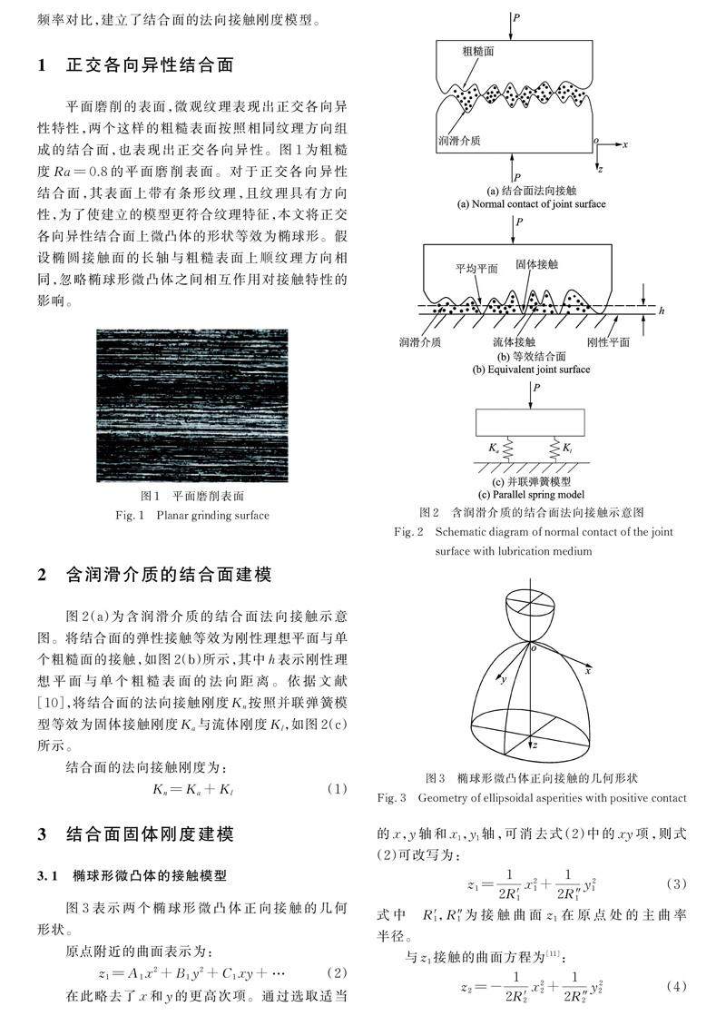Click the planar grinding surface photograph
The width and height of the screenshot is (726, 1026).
[192, 406]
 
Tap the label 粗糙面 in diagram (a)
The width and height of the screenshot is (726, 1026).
[478, 51]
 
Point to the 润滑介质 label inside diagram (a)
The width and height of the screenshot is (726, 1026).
[459, 141]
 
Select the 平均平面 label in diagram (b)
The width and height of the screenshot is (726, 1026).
[476, 268]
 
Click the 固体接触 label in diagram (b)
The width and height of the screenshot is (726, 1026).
[537, 263]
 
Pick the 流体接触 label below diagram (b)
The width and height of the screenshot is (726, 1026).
[514, 341]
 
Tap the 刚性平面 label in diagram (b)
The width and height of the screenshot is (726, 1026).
[608, 341]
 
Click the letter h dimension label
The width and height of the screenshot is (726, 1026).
[662, 311]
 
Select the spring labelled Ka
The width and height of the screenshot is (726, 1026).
[507, 449]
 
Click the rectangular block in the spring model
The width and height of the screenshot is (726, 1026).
[530, 423]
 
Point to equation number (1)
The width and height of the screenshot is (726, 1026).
[337, 789]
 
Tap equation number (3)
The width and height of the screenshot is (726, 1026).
[676, 884]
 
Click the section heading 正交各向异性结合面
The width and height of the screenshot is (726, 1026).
[150, 64]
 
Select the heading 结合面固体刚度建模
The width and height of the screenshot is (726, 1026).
[150, 834]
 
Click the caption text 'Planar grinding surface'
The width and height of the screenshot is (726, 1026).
[212, 515]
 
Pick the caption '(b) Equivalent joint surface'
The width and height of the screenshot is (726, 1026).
[531, 370]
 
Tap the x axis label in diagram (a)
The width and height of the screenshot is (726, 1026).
[625, 144]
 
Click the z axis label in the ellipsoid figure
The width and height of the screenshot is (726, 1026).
[535, 745]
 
